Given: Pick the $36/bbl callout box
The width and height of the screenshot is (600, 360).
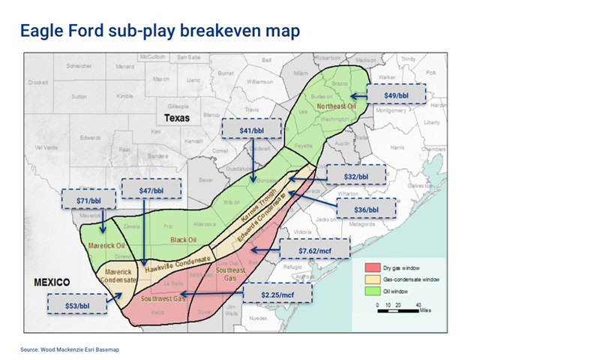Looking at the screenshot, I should coord(365,209).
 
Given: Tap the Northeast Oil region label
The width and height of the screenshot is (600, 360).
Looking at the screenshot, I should coord(336,106).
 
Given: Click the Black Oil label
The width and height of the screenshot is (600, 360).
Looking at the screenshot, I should coord(184,240).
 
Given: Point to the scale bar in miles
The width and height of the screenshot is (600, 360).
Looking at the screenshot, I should coord(397,310).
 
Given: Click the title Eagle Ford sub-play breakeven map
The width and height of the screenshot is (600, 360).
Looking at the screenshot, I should coord(160,31).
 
